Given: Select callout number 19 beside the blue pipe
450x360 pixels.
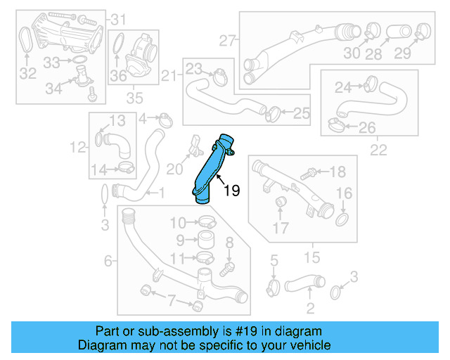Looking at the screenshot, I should (232, 190).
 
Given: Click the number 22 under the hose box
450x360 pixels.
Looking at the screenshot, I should (378, 149).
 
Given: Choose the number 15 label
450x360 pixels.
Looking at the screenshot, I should (306, 255).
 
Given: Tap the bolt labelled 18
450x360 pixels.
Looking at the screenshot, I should (308, 172).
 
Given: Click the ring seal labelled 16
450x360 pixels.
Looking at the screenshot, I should (342, 221).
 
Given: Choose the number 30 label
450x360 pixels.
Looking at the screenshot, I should (352, 53).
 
